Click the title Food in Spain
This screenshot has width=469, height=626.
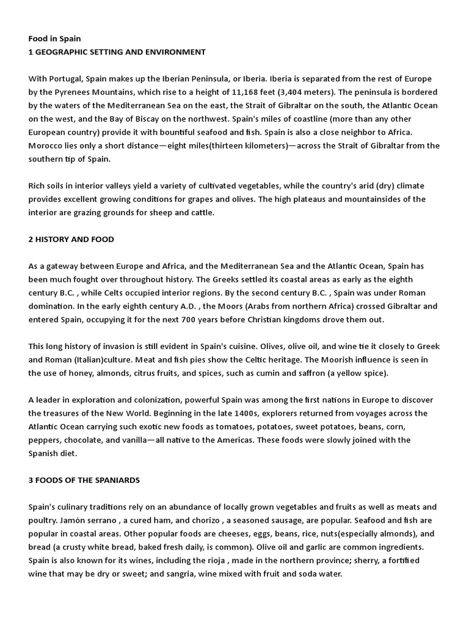(x=54, y=39)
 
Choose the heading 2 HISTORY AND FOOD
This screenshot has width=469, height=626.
(x=71, y=239)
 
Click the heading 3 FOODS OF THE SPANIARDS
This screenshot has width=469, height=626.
(x=84, y=480)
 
